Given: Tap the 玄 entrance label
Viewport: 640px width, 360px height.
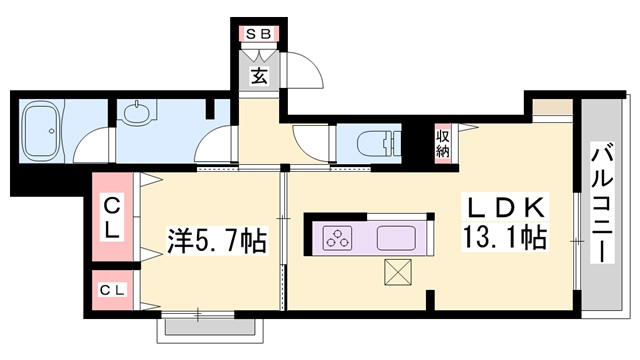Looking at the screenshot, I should click(257, 76).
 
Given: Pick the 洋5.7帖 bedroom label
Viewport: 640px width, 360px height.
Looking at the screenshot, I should click(215, 240).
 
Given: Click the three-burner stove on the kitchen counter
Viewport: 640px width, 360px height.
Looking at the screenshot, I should click(338, 239).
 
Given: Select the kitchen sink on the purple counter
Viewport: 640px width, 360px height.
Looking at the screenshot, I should click(399, 239).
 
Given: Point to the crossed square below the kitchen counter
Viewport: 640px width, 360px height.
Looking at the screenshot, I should click(397, 272).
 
